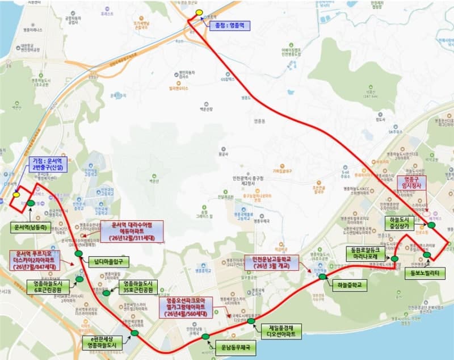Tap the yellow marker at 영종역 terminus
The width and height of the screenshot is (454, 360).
coord(199,12)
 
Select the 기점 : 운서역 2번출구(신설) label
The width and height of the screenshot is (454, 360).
coord(49,164)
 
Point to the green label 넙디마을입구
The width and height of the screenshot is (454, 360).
coord(108,262)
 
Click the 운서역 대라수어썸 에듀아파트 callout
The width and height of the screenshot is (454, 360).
coord(132,232)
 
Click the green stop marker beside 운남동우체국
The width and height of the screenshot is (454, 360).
coord(205,337)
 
